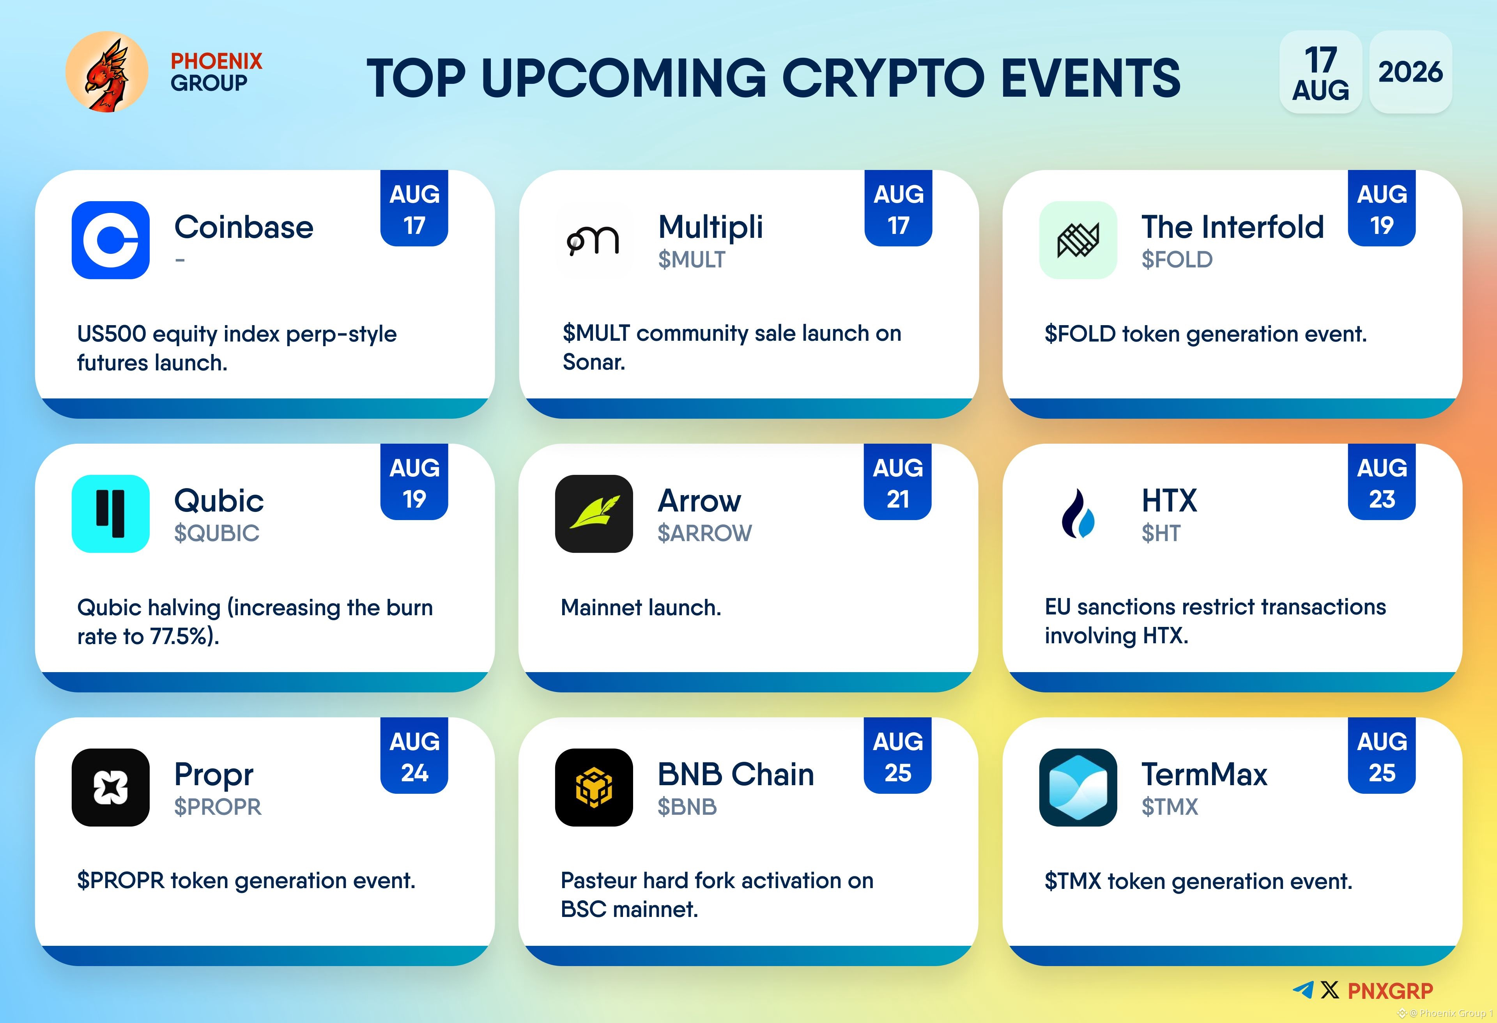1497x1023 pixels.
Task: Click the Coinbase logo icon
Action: pos(111,240)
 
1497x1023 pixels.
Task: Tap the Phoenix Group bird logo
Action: pos(107,72)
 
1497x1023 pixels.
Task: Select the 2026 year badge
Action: pos(1410,71)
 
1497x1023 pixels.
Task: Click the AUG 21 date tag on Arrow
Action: pos(898,482)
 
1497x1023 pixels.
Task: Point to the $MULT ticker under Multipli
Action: pos(691,260)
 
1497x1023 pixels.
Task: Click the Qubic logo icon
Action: pos(111,513)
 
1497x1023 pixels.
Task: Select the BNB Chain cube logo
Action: pos(594,787)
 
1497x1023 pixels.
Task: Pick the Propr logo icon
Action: pos(111,787)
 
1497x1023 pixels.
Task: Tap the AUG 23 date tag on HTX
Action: pos(1382,482)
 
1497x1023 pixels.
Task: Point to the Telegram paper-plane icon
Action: pos(1303,989)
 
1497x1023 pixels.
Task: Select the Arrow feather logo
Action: pos(594,513)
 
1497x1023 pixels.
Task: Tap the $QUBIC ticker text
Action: pos(216,533)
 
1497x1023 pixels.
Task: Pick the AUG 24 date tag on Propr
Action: pos(414,756)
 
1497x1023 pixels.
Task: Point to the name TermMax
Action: pos(1204,774)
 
